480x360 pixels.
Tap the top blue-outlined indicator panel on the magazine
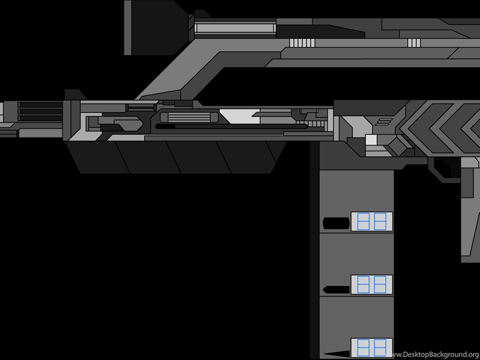[371, 221]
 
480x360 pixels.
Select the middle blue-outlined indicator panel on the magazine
[371, 284]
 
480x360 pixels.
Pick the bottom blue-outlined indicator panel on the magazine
[371, 348]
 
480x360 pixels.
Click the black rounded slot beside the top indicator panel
[336, 223]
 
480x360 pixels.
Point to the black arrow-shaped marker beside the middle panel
[336, 289]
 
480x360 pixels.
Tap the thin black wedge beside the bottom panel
[337, 353]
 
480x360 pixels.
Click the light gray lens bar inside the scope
[235, 28]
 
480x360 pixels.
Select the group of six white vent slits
[302, 43]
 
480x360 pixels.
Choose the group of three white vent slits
[414, 43]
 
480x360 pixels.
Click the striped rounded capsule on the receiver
[189, 118]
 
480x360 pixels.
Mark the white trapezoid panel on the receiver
[239, 116]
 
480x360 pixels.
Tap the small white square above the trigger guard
[371, 140]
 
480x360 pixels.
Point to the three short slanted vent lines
[384, 122]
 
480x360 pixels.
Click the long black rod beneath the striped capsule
[232, 126]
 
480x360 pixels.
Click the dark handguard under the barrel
[176, 157]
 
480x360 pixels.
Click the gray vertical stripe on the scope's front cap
[128, 28]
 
